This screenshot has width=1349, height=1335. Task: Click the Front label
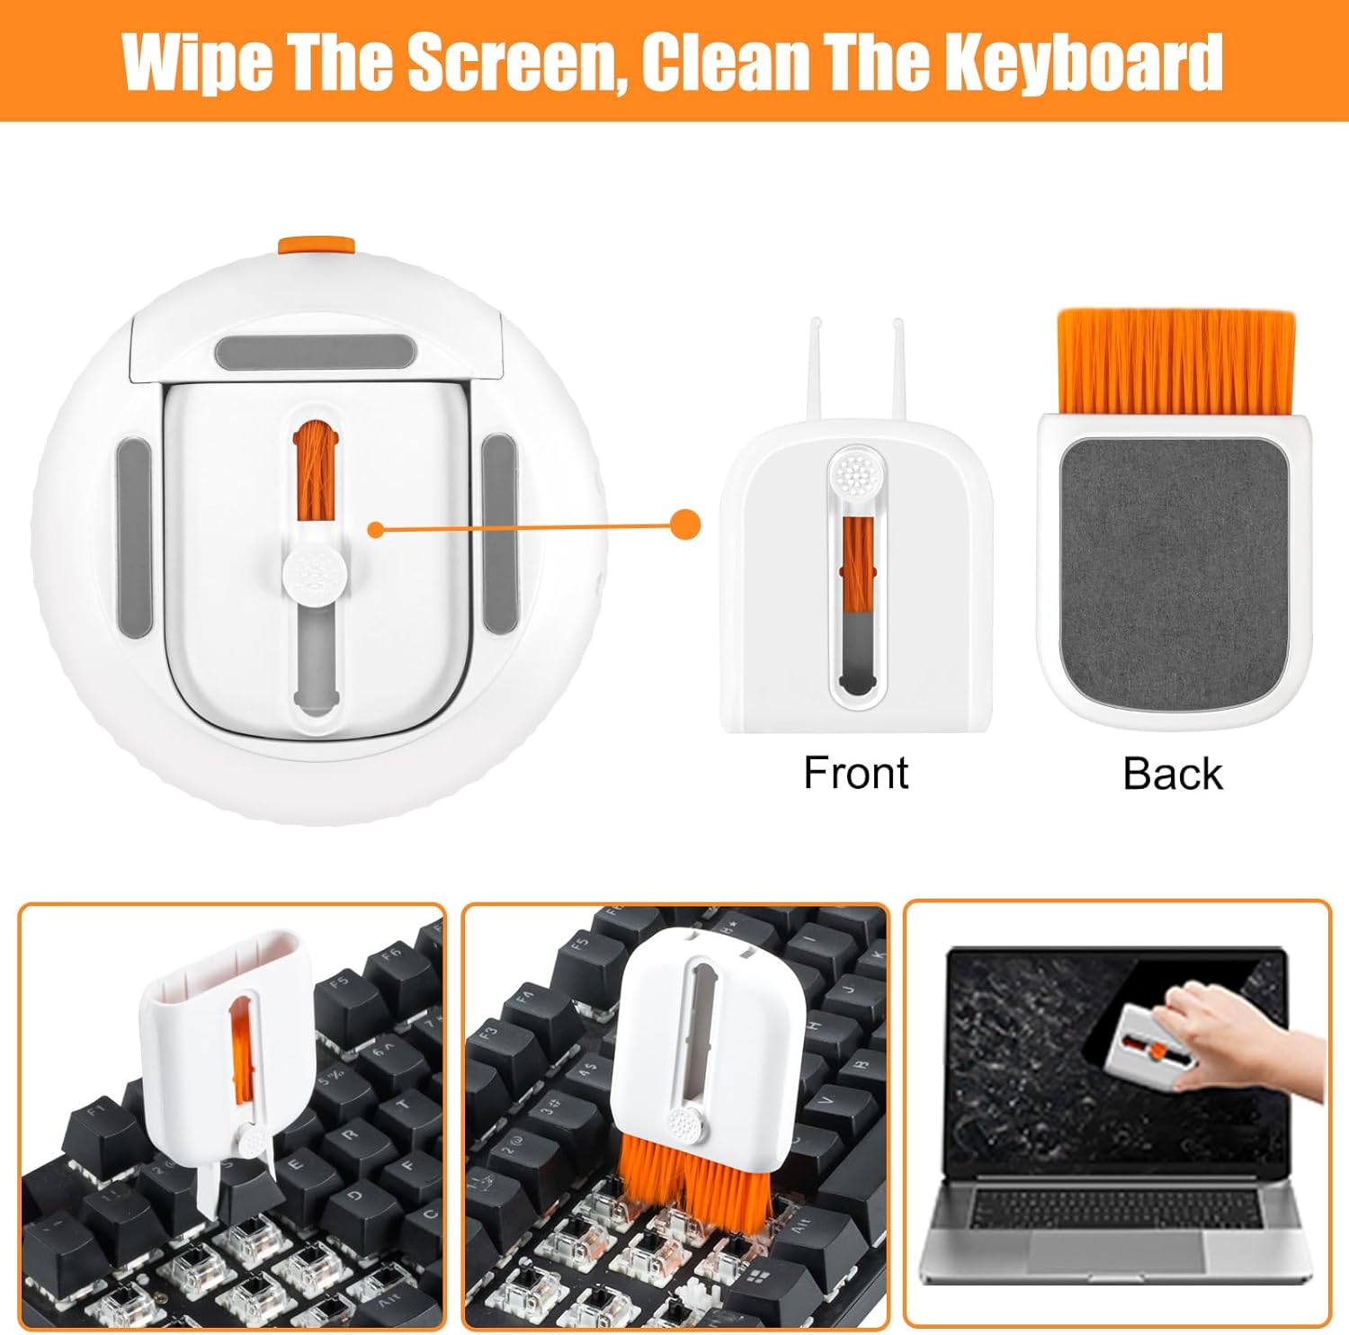pos(855,773)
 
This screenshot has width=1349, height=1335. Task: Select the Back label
pos(1172,774)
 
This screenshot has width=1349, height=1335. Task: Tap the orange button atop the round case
pos(317,246)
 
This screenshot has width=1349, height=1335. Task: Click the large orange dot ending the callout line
pos(686,524)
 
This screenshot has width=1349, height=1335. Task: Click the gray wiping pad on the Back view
pos(1175,572)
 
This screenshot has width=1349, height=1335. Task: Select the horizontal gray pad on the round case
pos(313,351)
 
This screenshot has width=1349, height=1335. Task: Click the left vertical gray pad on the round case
pos(134,536)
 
